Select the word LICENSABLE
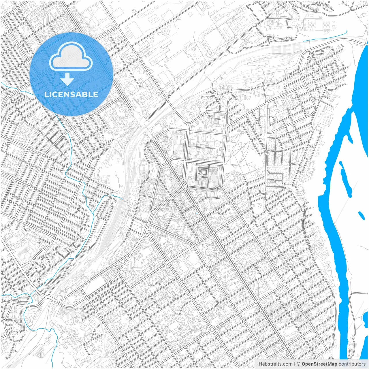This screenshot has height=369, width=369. click(x=71, y=94)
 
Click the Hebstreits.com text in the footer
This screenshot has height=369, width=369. click(x=275, y=364)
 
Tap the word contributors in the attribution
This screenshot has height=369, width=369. click(x=352, y=364)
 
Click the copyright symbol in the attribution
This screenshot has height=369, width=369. click(x=299, y=364)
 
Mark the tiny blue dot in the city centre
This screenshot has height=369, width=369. click(x=197, y=213)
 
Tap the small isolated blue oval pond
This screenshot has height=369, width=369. click(x=361, y=215)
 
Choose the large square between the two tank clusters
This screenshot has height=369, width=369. click(x=319, y=25)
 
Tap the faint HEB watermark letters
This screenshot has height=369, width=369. click(x=284, y=49)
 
